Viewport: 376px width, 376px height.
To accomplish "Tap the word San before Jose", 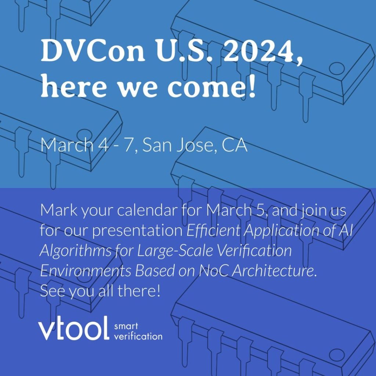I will pyautogui.click(x=157, y=145).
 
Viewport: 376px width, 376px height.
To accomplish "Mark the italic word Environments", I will pyautogui.click(x=85, y=271).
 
